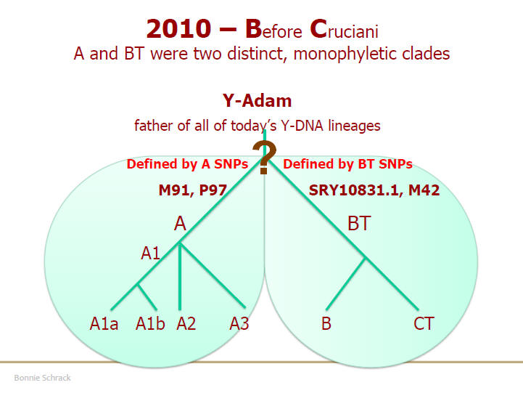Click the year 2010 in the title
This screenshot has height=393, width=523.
point(178,28)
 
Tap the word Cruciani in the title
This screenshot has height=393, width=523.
point(344,29)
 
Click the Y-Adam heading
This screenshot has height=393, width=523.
point(257,100)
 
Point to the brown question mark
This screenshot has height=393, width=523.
point(264,158)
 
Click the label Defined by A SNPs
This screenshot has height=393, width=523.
point(187,164)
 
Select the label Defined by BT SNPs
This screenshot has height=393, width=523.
point(347,164)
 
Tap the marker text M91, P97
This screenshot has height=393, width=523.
point(192,190)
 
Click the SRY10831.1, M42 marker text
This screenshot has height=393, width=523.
point(374,190)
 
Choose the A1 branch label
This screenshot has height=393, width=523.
point(150,253)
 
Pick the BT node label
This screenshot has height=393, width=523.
point(359,224)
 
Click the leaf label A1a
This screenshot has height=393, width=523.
point(104,323)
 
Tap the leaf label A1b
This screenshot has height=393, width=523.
point(150,323)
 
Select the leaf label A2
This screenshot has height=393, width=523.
point(186,323)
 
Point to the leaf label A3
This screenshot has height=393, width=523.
point(239,323)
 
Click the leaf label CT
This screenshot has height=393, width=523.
point(424,323)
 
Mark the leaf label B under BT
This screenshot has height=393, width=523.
point(326,323)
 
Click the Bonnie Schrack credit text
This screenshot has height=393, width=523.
point(42,378)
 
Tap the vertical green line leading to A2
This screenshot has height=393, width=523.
point(180,276)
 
